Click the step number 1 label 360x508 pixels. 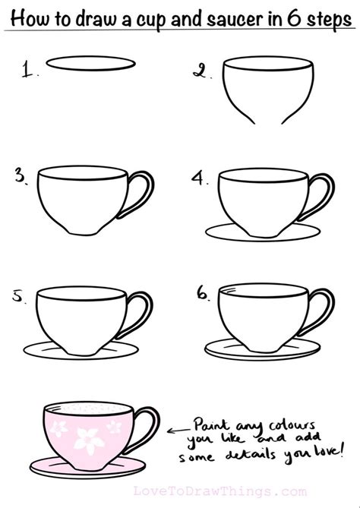tap(29, 70)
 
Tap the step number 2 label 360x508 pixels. tap(201, 71)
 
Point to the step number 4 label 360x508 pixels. tap(199, 178)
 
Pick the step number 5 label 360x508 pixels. tap(18, 296)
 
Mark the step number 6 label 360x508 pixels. tap(204, 293)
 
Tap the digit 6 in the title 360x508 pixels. tap(294, 18)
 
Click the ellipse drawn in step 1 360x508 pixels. tap(90, 64)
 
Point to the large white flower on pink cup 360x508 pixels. tap(87, 440)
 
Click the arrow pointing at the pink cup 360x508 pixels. tap(178, 431)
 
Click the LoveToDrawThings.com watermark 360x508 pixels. tap(220, 491)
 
